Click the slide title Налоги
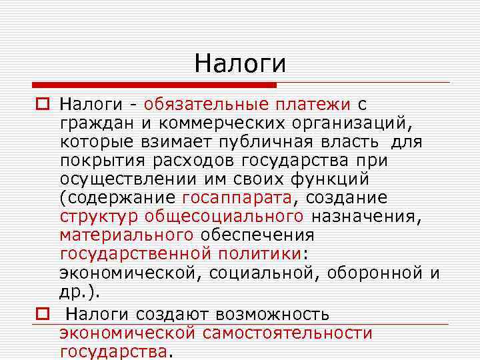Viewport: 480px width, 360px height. (240, 63)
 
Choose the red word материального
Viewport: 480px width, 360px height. (126, 235)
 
